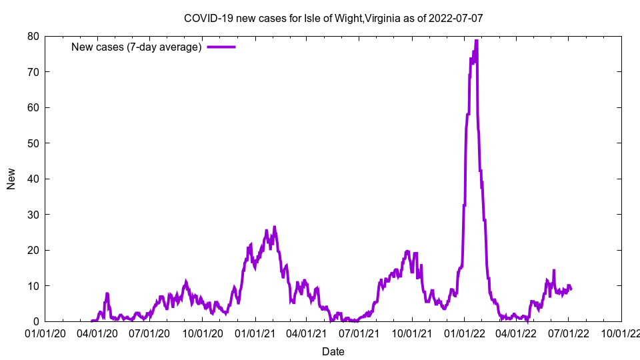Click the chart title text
click(333, 18)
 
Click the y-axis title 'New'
click(11, 179)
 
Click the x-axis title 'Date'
click(333, 351)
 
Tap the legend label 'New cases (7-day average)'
click(137, 47)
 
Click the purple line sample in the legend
click(221, 47)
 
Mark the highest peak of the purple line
click(476, 41)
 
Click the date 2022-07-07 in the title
click(457, 18)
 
